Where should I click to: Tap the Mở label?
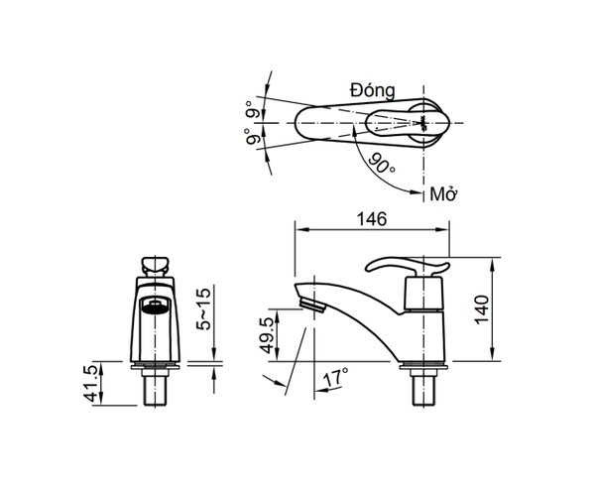tap(442, 193)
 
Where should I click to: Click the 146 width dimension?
tap(372, 218)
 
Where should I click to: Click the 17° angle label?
tap(336, 378)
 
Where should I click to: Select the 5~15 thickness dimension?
tap(204, 310)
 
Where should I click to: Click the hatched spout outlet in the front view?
tap(153, 306)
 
